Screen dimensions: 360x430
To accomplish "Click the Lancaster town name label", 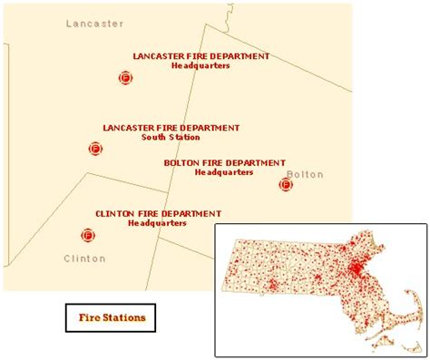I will pyautogui.click(x=89, y=23).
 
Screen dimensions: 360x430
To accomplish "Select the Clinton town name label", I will pyautogui.click(x=84, y=258).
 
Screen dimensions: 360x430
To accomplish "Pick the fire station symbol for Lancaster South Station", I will pyautogui.click(x=95, y=148).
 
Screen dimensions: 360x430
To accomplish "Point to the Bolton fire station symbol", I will pyautogui.click(x=286, y=185).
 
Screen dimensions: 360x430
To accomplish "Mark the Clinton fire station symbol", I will pyautogui.click(x=89, y=236).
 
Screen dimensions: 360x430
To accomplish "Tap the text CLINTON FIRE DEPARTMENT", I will pyautogui.click(x=158, y=214).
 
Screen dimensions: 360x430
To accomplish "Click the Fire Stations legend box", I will pyautogui.click(x=111, y=318).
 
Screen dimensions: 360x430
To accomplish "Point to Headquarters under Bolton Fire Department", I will pyautogui.click(x=224, y=172).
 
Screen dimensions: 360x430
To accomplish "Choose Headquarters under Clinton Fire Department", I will pyautogui.click(x=157, y=223).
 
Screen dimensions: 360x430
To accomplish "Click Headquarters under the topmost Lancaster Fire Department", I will pyautogui.click(x=200, y=65).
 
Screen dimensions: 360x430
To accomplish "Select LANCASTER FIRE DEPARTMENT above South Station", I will pyautogui.click(x=171, y=128).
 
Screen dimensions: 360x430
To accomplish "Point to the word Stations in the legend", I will pyautogui.click(x=125, y=318).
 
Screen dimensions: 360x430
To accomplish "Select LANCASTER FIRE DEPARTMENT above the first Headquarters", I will pyautogui.click(x=200, y=55).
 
